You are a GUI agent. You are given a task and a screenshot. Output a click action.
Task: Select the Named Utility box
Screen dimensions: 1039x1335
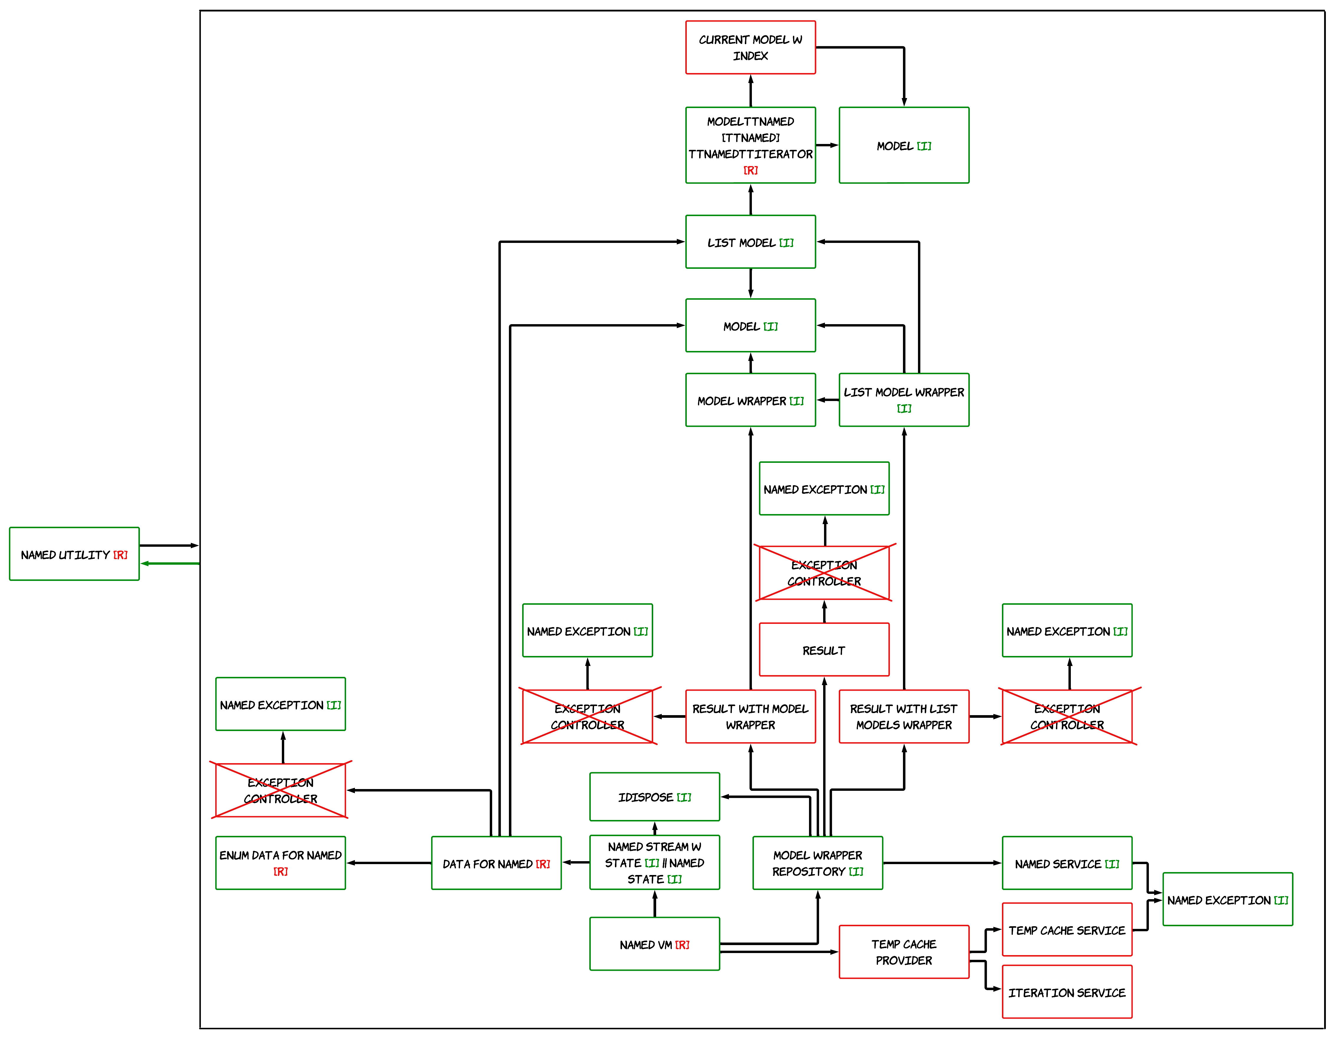tap(74, 554)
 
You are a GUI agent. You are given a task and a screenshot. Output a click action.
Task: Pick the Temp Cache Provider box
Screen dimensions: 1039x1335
tap(904, 952)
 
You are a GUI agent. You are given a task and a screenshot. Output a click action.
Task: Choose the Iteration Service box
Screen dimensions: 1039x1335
tap(1067, 992)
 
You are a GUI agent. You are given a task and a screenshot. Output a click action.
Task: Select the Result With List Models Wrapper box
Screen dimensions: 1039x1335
tap(904, 716)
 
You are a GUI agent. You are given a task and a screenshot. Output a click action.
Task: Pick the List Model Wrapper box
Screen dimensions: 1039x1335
tap(904, 400)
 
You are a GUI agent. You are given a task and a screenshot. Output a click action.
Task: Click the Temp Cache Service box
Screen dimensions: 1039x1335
tap(1067, 929)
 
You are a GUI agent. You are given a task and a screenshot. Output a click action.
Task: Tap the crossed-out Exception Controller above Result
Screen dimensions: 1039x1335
tap(824, 573)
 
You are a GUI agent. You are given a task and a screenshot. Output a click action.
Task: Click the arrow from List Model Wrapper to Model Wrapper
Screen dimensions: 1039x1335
tap(828, 400)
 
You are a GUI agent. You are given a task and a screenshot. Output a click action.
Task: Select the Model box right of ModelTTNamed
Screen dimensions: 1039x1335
tap(904, 145)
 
